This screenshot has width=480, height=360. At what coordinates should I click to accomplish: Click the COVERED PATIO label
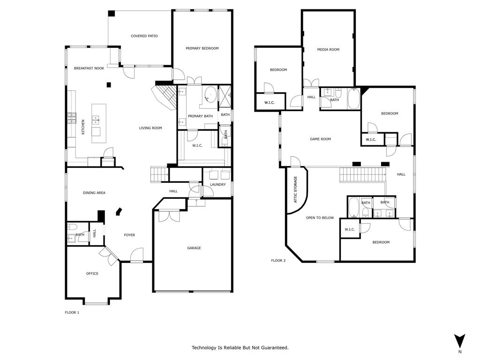click(144, 36)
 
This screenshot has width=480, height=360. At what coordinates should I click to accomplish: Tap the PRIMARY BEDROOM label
click(202, 48)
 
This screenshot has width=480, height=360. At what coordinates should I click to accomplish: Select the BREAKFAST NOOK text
click(89, 68)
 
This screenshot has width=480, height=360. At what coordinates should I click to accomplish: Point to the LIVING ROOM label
click(150, 128)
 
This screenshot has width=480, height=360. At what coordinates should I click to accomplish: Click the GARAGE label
click(194, 248)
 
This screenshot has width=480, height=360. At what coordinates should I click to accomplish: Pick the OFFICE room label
click(92, 273)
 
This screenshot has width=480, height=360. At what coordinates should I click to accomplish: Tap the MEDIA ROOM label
click(328, 49)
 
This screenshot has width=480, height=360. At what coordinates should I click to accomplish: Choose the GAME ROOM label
click(320, 139)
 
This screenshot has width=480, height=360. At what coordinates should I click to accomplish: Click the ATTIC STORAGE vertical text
click(295, 189)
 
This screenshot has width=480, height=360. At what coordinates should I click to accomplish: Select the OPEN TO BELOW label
click(320, 217)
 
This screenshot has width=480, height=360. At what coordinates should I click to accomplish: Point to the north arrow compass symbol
click(460, 341)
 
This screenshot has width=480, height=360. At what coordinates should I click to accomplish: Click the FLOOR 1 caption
click(72, 312)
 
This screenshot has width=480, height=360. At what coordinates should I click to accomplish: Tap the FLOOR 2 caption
click(278, 261)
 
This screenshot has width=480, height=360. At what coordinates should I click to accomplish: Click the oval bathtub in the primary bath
click(210, 95)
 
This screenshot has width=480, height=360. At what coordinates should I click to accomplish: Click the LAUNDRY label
click(218, 184)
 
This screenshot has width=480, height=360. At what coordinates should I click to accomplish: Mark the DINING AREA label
click(94, 193)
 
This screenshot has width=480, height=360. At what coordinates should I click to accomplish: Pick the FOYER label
click(129, 235)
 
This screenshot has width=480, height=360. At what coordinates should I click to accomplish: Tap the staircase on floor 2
click(362, 175)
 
